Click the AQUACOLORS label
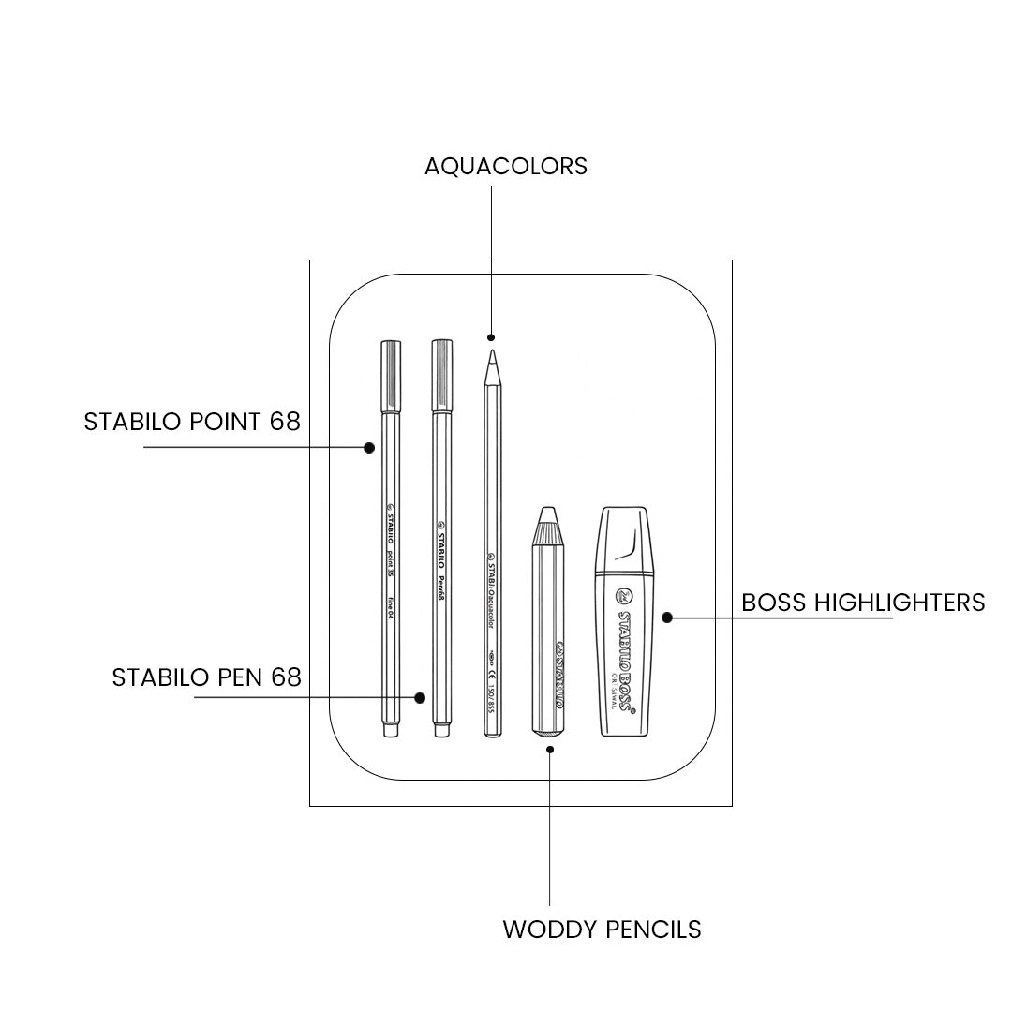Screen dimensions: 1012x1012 506,166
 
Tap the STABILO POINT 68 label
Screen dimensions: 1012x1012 192,422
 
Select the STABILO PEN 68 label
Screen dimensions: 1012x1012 206,677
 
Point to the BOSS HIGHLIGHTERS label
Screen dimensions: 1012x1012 863,602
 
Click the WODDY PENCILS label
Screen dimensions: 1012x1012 602,930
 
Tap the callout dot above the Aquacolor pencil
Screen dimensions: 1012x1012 490,336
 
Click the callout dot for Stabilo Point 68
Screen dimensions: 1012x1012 369,447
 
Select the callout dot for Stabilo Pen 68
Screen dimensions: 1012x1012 420,697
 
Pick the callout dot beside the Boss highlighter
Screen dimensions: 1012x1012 667,617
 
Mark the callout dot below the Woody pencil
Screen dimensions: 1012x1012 550,748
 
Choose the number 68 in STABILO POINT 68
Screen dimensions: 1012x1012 285,422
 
